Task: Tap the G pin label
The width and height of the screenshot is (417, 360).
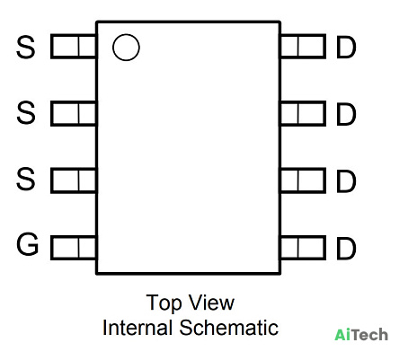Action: pyautogui.click(x=27, y=244)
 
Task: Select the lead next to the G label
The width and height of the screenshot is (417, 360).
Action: pyautogui.click(x=74, y=248)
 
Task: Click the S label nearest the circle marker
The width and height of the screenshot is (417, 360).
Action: pyautogui.click(x=26, y=47)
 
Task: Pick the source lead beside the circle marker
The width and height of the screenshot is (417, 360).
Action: pyautogui.click(x=74, y=47)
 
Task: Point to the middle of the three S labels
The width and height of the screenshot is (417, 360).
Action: pyautogui.click(x=26, y=113)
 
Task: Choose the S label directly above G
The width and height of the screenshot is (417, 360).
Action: pyautogui.click(x=26, y=180)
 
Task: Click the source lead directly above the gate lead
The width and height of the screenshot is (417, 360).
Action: pyautogui.click(x=74, y=180)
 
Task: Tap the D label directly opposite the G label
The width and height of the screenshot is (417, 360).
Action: pyautogui.click(x=346, y=249)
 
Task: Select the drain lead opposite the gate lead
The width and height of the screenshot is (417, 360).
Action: pyautogui.click(x=303, y=248)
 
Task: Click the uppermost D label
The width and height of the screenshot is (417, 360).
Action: pyautogui.click(x=346, y=48)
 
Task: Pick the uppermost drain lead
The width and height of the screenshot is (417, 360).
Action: pyautogui.click(x=303, y=47)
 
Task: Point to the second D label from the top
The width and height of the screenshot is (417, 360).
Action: pyautogui.click(x=346, y=114)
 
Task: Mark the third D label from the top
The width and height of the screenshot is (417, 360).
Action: pyautogui.click(x=346, y=181)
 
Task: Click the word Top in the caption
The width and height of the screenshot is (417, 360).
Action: pyautogui.click(x=164, y=303)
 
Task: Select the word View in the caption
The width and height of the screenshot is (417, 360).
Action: pyautogui.click(x=212, y=303)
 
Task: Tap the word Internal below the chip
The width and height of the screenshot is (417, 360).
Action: pyautogui.click(x=138, y=328)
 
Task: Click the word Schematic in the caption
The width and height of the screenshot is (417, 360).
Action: pyautogui.click(x=229, y=328)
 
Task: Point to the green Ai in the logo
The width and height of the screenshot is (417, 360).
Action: pyautogui.click(x=342, y=334)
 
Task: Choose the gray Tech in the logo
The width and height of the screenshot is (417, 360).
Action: pyautogui.click(x=369, y=334)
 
